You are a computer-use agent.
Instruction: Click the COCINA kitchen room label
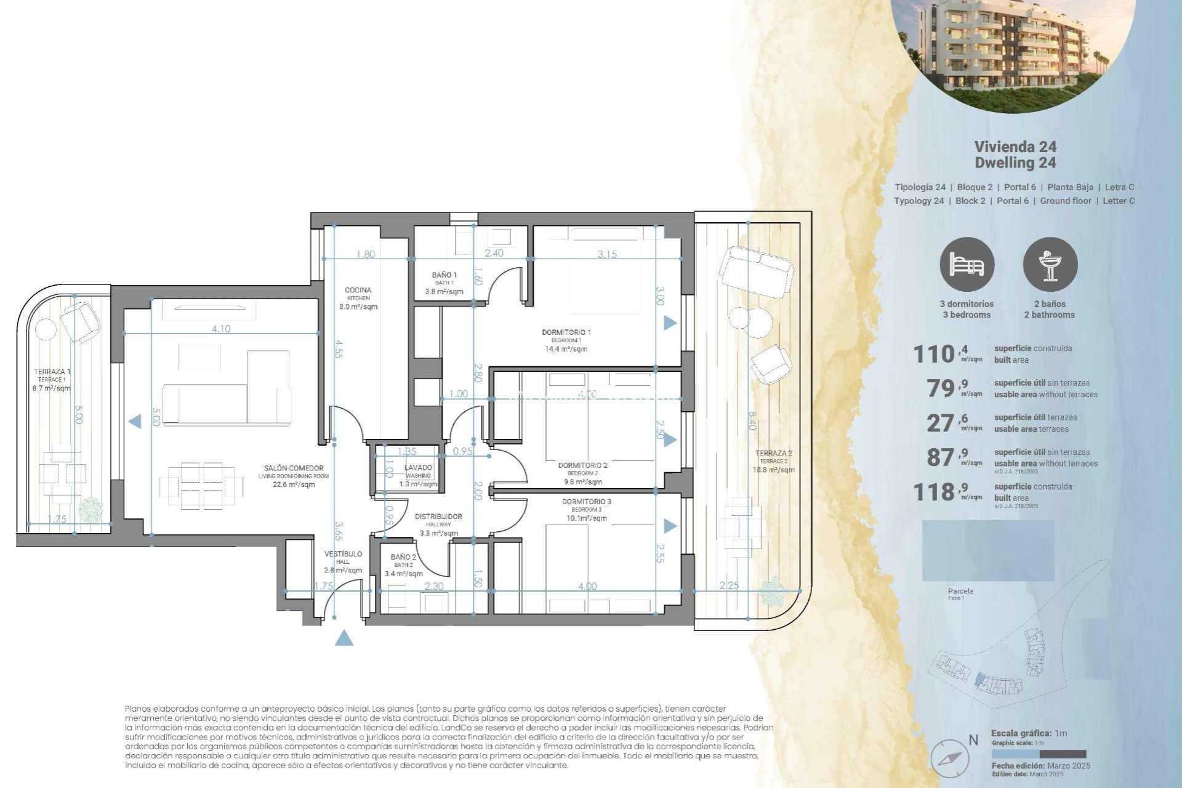click(358, 291)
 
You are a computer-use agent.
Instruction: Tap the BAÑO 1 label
click(444, 275)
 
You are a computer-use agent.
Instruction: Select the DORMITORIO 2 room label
click(582, 465)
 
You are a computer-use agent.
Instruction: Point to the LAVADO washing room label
click(418, 468)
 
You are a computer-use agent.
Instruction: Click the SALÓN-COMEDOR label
click(294, 468)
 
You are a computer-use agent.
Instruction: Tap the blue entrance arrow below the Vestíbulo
click(344, 638)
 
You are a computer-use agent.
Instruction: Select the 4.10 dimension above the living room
click(220, 329)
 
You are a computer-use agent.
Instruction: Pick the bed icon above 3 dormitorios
click(967, 265)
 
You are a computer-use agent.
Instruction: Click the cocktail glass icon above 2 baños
click(1050, 265)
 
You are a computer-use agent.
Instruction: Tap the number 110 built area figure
click(933, 354)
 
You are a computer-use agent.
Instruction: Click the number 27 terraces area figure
click(941, 423)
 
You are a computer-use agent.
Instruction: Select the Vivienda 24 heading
click(1015, 147)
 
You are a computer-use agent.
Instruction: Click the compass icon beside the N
click(949, 758)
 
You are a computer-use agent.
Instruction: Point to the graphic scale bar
click(1039, 754)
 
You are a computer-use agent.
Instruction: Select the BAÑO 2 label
click(403, 557)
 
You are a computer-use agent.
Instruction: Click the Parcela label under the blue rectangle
click(960, 591)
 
